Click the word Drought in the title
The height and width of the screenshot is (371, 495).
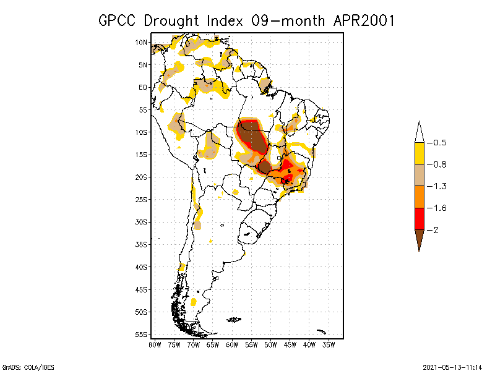[x=171, y=20]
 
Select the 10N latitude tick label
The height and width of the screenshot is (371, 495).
[x=142, y=42]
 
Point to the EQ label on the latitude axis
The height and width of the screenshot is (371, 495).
[x=143, y=87]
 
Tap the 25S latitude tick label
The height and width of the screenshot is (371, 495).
[x=142, y=199]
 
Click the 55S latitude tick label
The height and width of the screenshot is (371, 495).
[x=142, y=334]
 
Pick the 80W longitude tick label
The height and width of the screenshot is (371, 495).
[x=155, y=344]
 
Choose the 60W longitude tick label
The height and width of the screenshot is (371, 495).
[x=232, y=344]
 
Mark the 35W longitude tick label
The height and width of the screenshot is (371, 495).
[x=329, y=344]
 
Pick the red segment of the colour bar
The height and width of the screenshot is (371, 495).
[x=419, y=218]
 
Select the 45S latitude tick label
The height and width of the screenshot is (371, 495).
[x=142, y=289]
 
